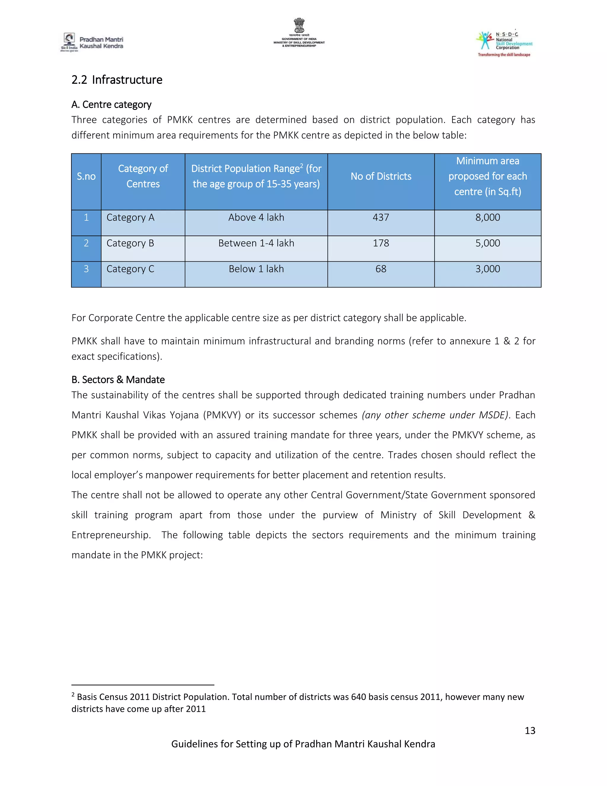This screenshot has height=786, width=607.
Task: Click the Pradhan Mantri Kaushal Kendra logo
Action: click(x=92, y=42)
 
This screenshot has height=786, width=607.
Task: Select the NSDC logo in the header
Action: click(x=504, y=43)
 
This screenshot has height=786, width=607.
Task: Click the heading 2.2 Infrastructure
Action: click(x=117, y=79)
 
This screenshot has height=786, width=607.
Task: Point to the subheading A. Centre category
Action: click(x=111, y=104)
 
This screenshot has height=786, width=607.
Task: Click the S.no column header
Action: click(x=86, y=176)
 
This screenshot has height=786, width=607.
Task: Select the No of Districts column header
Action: click(x=381, y=176)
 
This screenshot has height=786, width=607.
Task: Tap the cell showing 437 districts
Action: click(x=381, y=217)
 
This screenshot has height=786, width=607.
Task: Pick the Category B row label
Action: click(x=130, y=243)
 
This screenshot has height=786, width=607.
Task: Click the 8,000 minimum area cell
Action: click(x=488, y=217)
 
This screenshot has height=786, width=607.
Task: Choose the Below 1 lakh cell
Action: click(x=256, y=269)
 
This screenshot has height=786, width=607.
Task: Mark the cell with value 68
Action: click(x=381, y=269)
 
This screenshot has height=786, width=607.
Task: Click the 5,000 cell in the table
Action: click(x=488, y=243)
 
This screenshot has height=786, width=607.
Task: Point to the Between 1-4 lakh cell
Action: click(x=256, y=243)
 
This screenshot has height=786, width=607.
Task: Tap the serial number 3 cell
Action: click(x=86, y=269)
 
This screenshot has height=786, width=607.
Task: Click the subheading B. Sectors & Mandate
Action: click(x=118, y=380)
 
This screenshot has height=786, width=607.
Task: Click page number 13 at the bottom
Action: click(x=530, y=731)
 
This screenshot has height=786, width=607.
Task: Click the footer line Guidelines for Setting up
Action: click(x=303, y=744)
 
